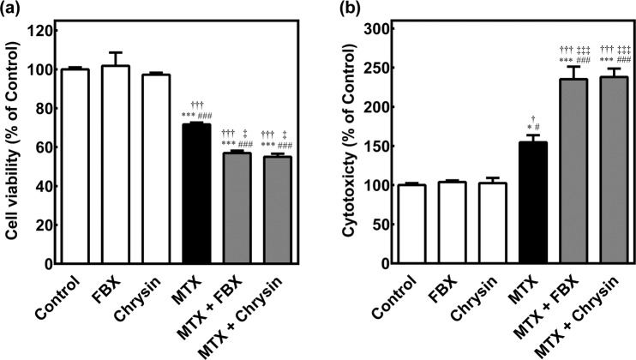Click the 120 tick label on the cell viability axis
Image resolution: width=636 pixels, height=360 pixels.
pyautogui.click(x=47, y=30)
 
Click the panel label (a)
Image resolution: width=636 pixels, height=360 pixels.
pyautogui.click(x=14, y=10)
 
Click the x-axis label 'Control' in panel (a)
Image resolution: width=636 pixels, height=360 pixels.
pyautogui.click(x=60, y=296)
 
